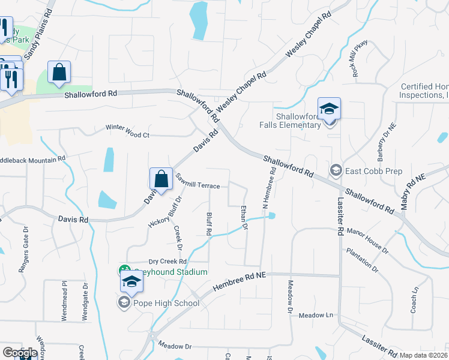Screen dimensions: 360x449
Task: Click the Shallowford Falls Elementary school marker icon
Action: click(329, 110)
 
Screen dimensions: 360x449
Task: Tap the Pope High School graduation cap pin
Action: click(131, 282)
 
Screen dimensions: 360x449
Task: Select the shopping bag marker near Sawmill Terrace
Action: click(161, 178)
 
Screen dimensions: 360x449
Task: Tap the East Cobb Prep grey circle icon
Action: click(336, 171)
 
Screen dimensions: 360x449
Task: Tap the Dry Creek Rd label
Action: click(168, 262)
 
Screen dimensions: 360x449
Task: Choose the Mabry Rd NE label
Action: click(413, 186)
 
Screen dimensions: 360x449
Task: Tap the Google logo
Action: click(20, 353)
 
